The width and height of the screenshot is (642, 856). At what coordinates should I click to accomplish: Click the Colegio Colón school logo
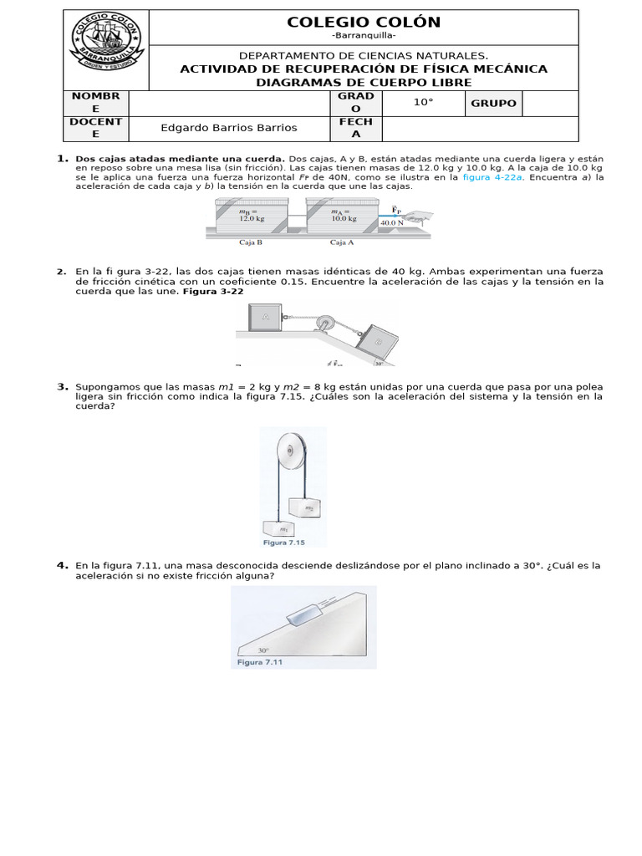click(106, 49)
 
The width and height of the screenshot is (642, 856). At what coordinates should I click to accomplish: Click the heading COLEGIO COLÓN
click(364, 23)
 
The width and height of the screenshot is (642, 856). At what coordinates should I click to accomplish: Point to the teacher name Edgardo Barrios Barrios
click(228, 128)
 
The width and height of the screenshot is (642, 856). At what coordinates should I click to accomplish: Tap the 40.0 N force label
click(392, 223)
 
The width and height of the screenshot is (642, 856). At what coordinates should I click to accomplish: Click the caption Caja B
click(251, 243)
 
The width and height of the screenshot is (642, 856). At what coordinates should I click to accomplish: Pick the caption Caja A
click(343, 243)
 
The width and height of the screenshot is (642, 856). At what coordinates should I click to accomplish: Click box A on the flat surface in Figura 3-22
click(265, 317)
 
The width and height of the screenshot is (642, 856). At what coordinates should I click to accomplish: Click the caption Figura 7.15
click(283, 543)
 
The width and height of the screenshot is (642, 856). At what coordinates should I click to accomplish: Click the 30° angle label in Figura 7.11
click(263, 650)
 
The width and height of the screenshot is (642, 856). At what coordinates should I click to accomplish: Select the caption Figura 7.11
click(260, 662)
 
